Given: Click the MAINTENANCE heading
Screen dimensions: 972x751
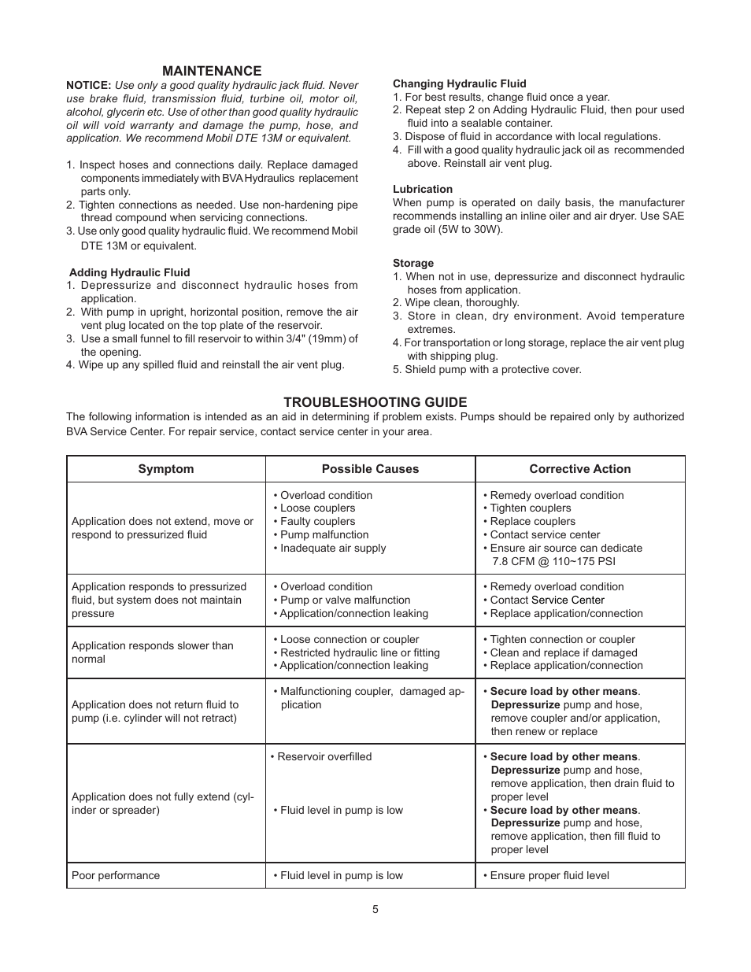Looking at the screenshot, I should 212,71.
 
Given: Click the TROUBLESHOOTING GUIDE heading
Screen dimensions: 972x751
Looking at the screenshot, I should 375,401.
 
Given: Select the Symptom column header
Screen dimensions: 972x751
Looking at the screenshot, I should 165,469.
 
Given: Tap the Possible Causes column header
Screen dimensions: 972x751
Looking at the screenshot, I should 370,469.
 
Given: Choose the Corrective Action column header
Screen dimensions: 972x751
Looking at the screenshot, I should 579,469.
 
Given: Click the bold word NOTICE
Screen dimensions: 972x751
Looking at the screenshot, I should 88,85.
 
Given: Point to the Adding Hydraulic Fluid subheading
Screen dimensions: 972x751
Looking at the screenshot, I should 130,272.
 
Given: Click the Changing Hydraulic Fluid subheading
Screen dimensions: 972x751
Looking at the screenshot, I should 459,83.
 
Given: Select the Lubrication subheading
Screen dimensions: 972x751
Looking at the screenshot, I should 423,189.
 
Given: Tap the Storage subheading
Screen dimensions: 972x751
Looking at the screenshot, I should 413,263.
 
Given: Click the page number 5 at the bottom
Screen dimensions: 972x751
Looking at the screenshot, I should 375,909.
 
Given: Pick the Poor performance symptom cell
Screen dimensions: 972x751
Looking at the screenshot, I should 116,875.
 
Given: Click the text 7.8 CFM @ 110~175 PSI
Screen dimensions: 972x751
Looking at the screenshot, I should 553,561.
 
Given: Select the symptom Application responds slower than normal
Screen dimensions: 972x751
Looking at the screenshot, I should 152,652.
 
